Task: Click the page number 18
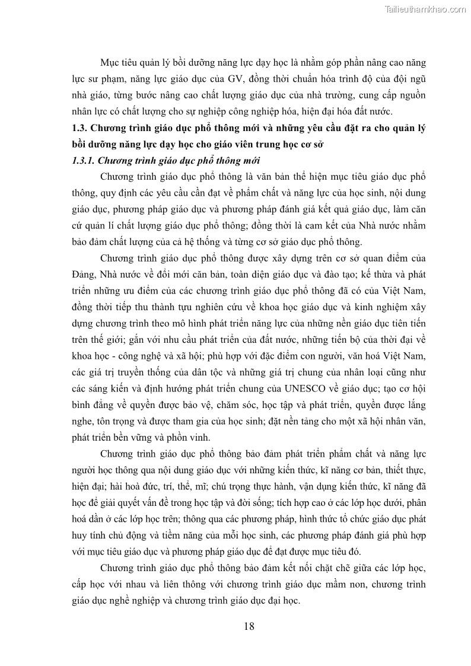[x=249, y=626]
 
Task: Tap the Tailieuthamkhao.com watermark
[x=425, y=9]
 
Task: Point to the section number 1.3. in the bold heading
[x=79, y=128]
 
